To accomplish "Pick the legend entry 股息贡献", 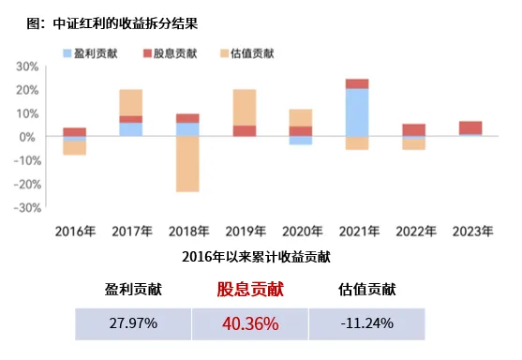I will click(172, 53).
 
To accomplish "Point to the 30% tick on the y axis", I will click(25, 67).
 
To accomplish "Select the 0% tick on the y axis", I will click(28, 137).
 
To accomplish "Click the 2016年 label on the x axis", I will click(75, 231).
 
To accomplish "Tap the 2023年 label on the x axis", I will click(470, 231).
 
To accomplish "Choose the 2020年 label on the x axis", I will click(300, 231).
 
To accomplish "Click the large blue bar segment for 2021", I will click(356, 112).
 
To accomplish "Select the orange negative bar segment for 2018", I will click(187, 164).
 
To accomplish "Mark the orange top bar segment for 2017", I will click(131, 102).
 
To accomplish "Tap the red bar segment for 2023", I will click(470, 127).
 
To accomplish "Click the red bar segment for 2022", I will click(413, 129).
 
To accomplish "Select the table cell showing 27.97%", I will click(133, 324).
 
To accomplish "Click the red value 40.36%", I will click(250, 324).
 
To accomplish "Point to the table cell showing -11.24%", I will click(366, 324).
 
